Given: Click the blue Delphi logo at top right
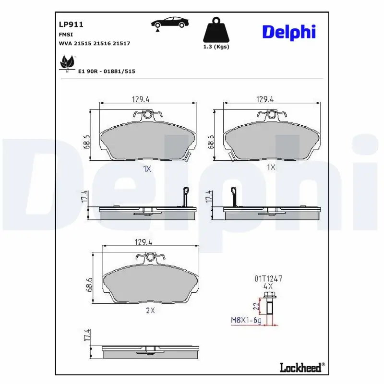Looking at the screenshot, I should [x=288, y=32].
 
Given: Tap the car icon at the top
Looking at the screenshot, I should [x=170, y=23].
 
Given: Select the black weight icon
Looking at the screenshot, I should [x=216, y=30].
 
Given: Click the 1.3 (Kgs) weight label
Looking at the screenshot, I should [x=216, y=47].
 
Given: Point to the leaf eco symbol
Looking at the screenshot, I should [x=66, y=63].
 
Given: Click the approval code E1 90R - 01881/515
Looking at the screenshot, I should [x=106, y=71].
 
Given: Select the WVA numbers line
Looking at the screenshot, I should [x=94, y=43].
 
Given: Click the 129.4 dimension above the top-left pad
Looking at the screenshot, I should [x=141, y=99].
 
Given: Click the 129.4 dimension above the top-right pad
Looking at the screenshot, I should [x=265, y=99].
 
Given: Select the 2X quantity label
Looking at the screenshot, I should [x=150, y=310].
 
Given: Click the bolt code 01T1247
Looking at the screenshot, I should [x=268, y=278].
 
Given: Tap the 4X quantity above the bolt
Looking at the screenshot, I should [x=268, y=285].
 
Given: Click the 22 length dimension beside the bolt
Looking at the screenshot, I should [x=256, y=305].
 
